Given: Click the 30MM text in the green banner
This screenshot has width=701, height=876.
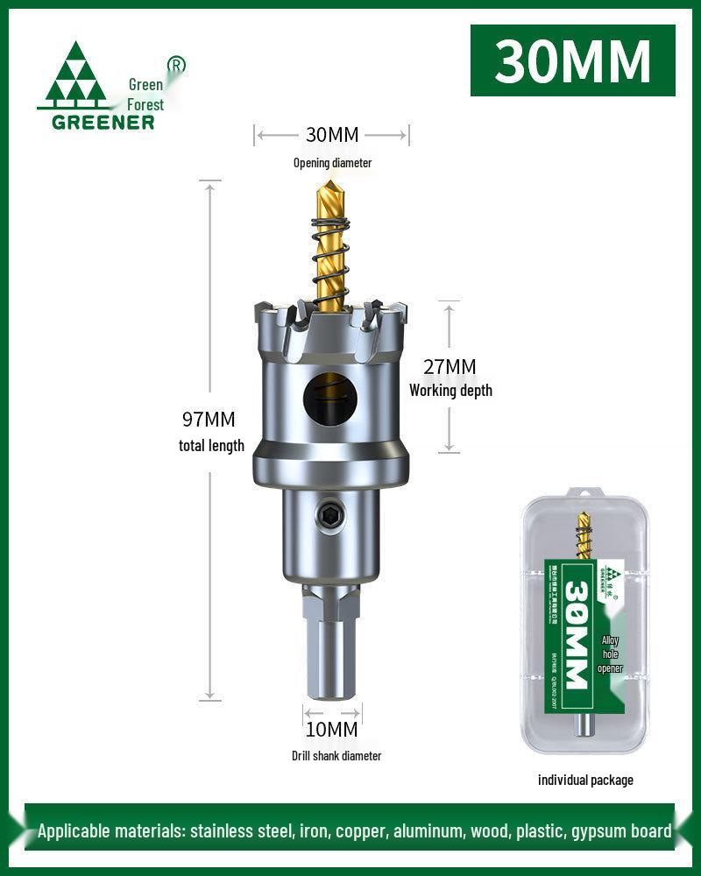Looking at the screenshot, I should pos(572,60).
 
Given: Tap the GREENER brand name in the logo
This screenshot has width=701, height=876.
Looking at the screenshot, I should pos(104,122).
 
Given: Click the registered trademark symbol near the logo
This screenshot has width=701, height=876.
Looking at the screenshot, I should pos(175,65).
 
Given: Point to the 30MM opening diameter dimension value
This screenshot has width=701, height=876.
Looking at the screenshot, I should pos(332,135).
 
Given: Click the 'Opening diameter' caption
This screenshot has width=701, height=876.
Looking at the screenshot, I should pos(332,163).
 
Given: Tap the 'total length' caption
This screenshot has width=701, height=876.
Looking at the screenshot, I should pos(211,446).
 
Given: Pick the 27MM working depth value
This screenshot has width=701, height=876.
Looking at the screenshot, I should pos(450,366).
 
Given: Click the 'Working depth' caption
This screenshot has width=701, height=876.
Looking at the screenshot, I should pos(450,391).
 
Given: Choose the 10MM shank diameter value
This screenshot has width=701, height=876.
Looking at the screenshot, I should pos(331,729).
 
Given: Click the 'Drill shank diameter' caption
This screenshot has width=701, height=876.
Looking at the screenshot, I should pos(336,756).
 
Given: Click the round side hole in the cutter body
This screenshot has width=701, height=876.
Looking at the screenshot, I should pos(330,399).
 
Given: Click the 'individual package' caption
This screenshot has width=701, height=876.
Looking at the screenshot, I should pos(585,780).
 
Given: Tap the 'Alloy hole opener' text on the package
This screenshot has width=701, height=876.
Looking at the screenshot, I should pos(610,654).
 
